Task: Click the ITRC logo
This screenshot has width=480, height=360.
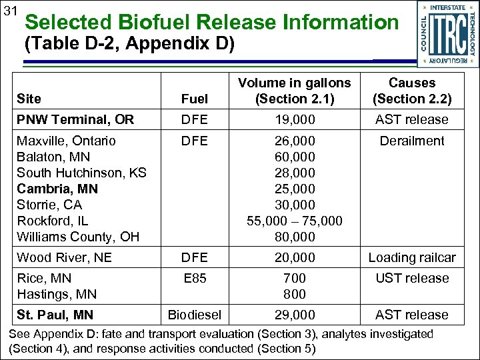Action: pyautogui.click(x=447, y=33)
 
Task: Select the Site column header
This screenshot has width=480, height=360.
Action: pyautogui.click(x=29, y=99)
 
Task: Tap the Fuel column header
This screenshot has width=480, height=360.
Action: pyautogui.click(x=195, y=99)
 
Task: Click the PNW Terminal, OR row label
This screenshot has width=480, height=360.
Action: pyautogui.click(x=75, y=120)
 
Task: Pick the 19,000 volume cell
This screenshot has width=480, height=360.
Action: pyautogui.click(x=295, y=120)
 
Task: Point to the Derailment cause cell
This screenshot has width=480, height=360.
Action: pyautogui.click(x=412, y=141)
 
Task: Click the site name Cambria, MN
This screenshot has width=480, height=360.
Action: pyautogui.click(x=57, y=189)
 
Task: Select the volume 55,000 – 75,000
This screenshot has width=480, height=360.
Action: pyautogui.click(x=295, y=221)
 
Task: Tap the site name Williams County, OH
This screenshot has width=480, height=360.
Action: pyautogui.click(x=77, y=237)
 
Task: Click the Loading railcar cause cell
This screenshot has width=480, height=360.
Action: pyautogui.click(x=412, y=257)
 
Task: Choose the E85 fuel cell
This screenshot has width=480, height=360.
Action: pyautogui.click(x=195, y=278)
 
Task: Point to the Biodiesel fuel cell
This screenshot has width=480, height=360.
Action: pyautogui.click(x=195, y=315)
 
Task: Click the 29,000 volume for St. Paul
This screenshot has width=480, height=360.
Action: pyautogui.click(x=295, y=315)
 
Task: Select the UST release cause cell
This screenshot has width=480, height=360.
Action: pyautogui.click(x=412, y=278)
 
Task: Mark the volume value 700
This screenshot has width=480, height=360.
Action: pyautogui.click(x=295, y=278)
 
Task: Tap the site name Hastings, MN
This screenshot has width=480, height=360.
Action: pyautogui.click(x=57, y=294)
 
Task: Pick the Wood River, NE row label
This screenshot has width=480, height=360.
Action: pyautogui.click(x=64, y=257)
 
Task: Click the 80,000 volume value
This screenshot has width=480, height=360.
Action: pyautogui.click(x=295, y=237)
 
